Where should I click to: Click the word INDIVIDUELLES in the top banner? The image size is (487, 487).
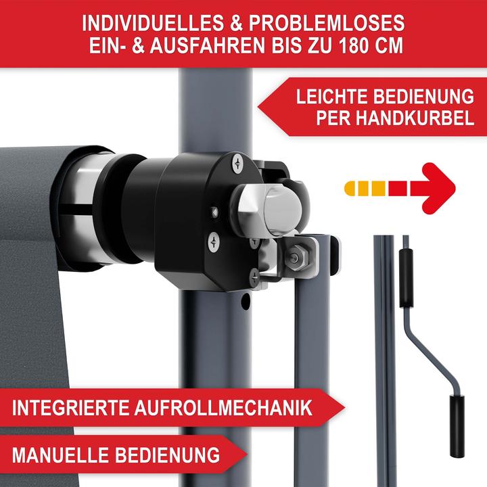152,23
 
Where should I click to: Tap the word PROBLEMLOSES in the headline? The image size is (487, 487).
327,23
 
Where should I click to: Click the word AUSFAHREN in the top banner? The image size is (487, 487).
208,45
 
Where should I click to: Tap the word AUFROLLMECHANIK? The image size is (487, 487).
223,407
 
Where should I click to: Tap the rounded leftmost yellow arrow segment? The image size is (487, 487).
350,189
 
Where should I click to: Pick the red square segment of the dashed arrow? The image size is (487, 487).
398,189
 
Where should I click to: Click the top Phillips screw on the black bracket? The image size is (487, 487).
237,163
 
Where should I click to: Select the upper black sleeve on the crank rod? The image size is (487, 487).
406,278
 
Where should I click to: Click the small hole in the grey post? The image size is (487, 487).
246,300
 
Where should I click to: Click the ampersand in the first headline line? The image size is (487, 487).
236,23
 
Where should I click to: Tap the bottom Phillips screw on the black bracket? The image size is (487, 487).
254,277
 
